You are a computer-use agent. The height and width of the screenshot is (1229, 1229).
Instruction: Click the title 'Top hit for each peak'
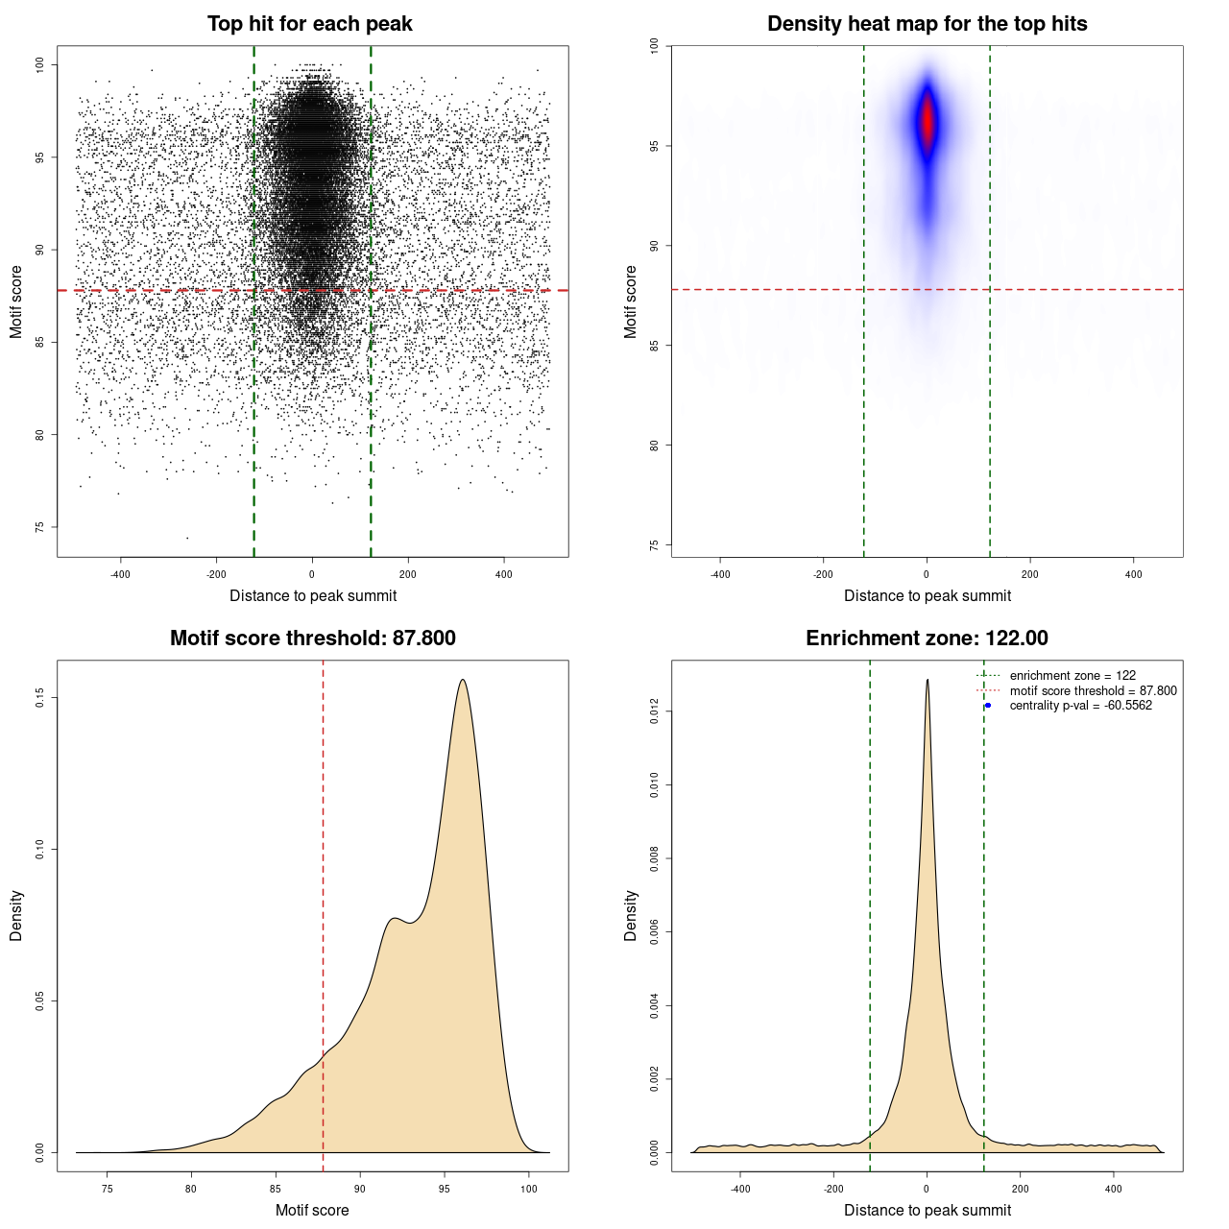pos(309,24)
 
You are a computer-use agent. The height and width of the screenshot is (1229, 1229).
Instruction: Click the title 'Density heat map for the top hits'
pos(927,24)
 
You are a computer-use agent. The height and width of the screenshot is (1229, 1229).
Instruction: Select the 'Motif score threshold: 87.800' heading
pos(312,639)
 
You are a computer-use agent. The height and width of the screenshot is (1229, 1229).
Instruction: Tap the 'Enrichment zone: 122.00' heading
pos(927,639)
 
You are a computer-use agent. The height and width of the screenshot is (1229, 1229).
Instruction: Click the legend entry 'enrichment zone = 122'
pos(1072,676)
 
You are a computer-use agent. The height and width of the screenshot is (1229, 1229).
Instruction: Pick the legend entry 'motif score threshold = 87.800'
pos(1093,690)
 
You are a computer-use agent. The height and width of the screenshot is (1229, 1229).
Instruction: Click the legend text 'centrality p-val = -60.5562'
pos(1080,706)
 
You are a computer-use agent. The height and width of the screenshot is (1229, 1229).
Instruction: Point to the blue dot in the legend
pos(988,706)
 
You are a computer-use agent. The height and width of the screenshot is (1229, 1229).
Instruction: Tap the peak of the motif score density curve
pos(463,680)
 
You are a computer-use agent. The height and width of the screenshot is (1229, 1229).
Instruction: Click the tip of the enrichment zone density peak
pos(928,680)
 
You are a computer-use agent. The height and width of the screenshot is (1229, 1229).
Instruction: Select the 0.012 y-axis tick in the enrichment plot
pos(655,711)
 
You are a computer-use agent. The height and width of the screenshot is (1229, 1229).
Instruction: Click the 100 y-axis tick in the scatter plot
pos(40,64)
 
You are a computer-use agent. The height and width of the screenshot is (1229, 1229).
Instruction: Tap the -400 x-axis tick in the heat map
pos(720,574)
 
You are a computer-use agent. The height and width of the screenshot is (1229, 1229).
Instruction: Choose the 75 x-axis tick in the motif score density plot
pos(107,1189)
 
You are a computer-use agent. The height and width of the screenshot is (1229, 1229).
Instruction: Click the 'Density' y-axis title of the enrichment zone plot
pos(631,915)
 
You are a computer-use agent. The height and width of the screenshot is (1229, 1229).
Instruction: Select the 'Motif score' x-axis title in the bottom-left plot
pos(312,1210)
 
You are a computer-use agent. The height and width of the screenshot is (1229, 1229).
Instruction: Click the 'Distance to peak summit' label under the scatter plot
pos(313,595)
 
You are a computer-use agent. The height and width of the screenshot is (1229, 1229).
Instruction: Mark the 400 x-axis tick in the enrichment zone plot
pos(1114,1189)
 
